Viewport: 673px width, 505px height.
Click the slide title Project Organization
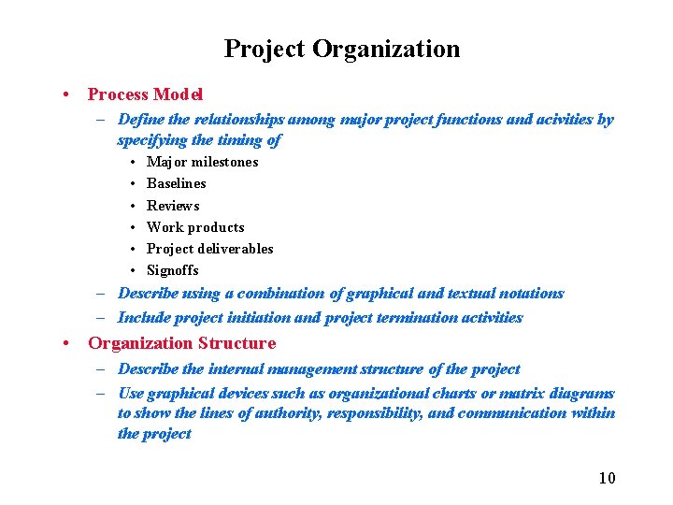point(342,49)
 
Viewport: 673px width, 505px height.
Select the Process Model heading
point(145,94)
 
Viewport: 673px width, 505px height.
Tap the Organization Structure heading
point(181,343)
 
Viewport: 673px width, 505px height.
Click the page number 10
point(607,478)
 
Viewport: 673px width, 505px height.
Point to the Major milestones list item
point(202,162)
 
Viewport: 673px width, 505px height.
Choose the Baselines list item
point(176,183)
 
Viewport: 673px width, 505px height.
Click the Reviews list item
point(173,206)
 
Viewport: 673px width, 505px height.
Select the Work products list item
point(195,227)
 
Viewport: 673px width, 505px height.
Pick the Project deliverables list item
point(209,249)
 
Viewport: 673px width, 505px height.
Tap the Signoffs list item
point(172,270)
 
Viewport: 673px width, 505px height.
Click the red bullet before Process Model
point(66,94)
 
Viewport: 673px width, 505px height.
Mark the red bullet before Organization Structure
point(66,343)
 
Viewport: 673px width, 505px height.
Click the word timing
point(240,140)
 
